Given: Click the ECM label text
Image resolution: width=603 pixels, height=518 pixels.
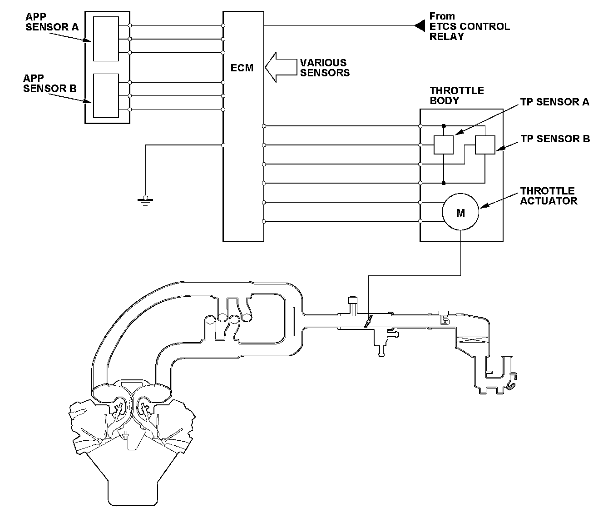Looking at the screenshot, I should coord(242,69).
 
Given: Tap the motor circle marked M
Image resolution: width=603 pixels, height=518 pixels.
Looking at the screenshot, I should coord(460,212).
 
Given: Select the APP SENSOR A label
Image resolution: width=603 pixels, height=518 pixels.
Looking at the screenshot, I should coord(52,22).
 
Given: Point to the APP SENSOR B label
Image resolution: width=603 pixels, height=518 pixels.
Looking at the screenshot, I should coord(50,84).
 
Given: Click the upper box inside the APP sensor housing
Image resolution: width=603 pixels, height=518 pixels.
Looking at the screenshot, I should coord(106,39).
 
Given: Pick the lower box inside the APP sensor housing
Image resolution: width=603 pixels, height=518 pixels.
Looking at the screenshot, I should coord(106,95).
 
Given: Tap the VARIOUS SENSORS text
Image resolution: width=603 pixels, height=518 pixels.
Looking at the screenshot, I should coord(325,68).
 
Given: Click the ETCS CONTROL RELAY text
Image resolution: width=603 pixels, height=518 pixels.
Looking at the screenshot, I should coord(470,31).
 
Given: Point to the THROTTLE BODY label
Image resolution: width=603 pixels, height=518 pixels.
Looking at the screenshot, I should coord(457,95).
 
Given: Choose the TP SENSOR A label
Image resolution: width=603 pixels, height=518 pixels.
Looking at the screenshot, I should coord(555,102).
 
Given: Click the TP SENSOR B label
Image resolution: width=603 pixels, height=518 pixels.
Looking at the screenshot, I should coord(555,139).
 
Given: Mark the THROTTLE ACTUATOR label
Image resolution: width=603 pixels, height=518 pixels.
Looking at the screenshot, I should coord(549,196).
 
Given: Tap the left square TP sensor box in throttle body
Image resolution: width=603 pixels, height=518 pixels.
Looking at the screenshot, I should coord(444,145).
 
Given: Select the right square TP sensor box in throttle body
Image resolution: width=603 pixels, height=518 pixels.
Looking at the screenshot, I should coord(485,145).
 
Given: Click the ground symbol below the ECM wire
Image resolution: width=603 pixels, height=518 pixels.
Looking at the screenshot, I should coord(145,200).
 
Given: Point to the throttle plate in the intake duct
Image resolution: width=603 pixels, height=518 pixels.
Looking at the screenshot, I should coord(367,321).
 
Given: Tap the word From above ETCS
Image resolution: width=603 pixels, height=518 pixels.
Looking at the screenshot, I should coord(442,16).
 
